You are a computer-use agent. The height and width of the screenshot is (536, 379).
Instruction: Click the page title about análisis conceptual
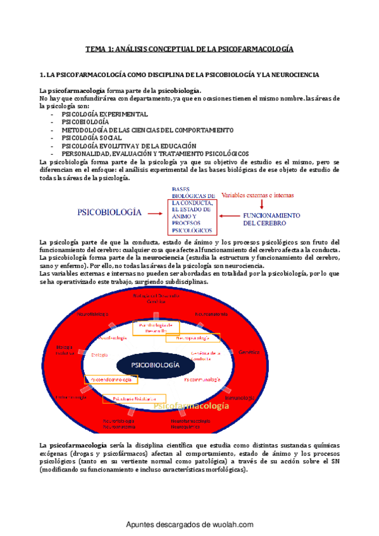click(x=190, y=49)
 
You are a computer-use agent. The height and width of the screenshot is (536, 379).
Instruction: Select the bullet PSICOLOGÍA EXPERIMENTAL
click(x=104, y=114)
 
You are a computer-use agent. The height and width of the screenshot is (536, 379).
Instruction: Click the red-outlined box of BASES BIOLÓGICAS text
click(x=192, y=208)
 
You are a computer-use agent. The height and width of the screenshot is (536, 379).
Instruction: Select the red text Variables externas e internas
click(x=262, y=195)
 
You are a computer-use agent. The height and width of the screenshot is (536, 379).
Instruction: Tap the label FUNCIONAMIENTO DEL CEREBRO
click(x=272, y=219)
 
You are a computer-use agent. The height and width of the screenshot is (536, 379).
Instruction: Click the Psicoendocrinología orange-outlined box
click(x=109, y=380)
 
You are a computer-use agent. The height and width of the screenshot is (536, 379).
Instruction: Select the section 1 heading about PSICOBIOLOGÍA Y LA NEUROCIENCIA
click(x=179, y=75)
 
